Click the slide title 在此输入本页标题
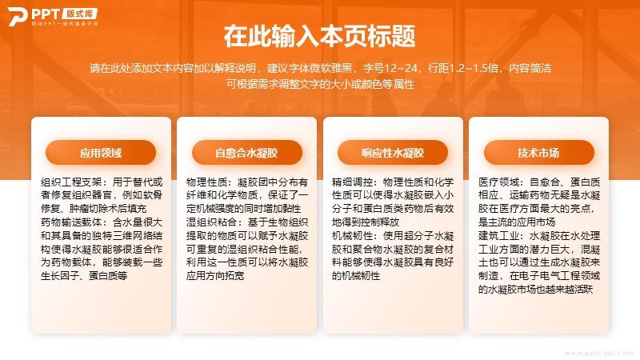[319, 36]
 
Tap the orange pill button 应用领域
[101, 153]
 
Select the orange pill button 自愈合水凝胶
[247, 153]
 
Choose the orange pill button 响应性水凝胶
[393, 153]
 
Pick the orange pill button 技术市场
[538, 153]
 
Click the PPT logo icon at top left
[17, 16]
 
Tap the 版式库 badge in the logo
[79, 14]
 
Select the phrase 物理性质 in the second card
[206, 182]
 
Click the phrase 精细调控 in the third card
[352, 182]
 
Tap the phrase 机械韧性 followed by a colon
[352, 236]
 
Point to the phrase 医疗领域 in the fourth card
[498, 182]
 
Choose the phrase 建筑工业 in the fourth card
[498, 236]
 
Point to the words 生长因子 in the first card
[61, 276]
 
